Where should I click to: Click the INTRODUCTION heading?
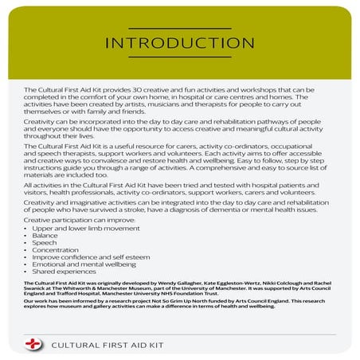(179, 42)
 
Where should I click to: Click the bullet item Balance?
(45, 236)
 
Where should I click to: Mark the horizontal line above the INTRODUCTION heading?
(179, 29)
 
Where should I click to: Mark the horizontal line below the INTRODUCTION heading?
(179, 56)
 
